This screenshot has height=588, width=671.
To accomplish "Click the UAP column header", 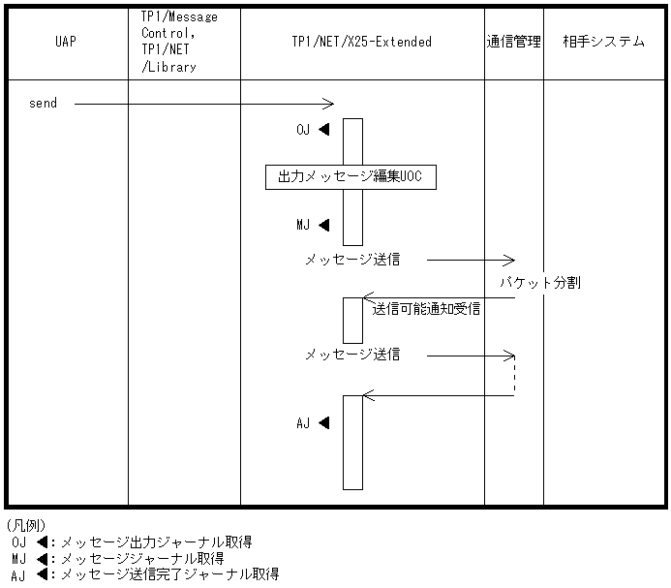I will (x=67, y=43).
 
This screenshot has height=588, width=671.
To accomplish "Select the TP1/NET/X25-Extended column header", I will (x=361, y=43).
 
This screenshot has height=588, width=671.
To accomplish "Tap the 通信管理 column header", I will (x=513, y=43).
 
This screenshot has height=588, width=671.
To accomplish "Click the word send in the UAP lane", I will (x=43, y=104).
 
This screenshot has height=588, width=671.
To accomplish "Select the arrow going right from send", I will (x=203, y=104).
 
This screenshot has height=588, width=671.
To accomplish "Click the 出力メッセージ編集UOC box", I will (x=351, y=177).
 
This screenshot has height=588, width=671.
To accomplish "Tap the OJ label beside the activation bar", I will (x=304, y=130).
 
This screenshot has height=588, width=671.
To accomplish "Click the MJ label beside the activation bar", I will (x=304, y=226).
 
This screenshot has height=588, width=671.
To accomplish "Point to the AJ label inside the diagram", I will (x=304, y=423).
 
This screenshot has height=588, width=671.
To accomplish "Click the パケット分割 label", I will (x=540, y=284).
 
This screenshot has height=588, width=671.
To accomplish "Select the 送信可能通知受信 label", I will (x=426, y=310).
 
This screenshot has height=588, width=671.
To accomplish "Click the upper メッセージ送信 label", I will (x=352, y=260).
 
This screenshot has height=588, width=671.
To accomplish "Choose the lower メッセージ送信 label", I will (x=352, y=356).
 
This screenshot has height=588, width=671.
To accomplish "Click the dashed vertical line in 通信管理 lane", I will (x=514, y=376).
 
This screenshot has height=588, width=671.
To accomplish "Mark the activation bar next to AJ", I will (x=352, y=442).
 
